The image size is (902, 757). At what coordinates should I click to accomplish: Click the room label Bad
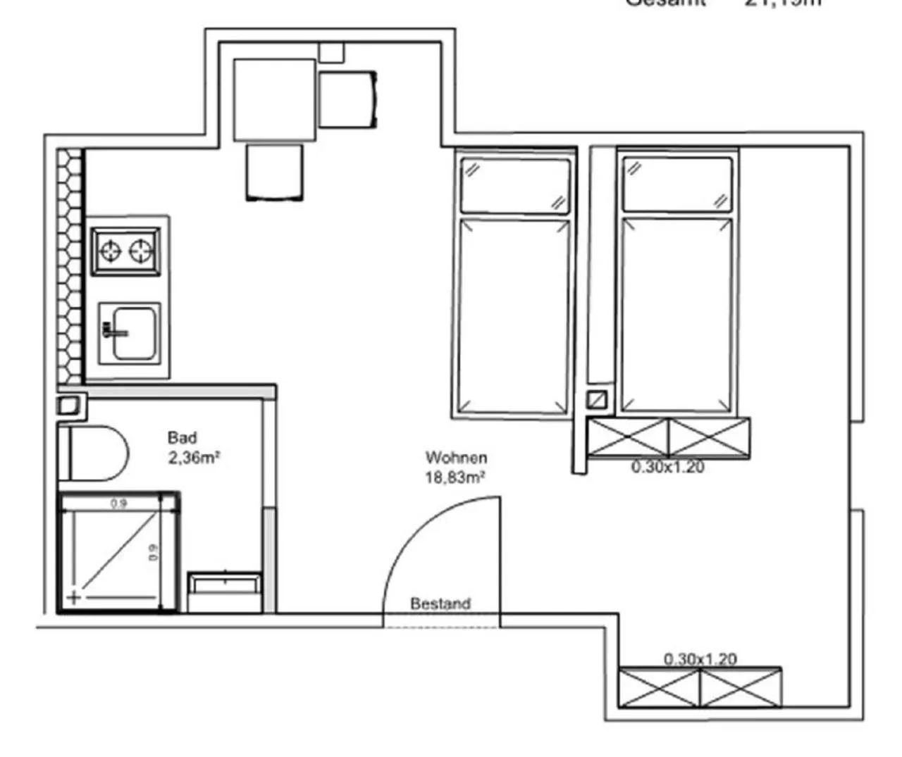(x=182, y=438)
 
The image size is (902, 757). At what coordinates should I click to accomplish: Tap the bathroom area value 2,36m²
(x=194, y=458)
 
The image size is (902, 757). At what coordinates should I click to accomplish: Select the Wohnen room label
(x=456, y=458)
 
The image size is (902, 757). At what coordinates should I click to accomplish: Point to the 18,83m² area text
(x=455, y=477)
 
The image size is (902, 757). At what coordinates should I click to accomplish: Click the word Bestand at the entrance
(x=440, y=603)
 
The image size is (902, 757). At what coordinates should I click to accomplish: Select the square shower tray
(x=118, y=552)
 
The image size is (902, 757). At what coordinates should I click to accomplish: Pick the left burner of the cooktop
(x=111, y=251)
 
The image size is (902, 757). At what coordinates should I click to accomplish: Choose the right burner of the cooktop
(x=143, y=251)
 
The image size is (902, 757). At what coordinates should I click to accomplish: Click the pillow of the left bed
(x=514, y=185)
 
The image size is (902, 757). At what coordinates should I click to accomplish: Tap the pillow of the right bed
(x=677, y=185)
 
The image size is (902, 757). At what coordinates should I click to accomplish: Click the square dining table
(x=274, y=99)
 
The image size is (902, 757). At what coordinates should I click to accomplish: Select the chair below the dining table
(x=275, y=172)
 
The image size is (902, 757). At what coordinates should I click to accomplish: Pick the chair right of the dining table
(x=347, y=99)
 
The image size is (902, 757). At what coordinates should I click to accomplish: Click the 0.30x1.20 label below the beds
(x=667, y=467)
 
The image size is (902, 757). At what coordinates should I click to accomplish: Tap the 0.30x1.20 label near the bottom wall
(x=700, y=659)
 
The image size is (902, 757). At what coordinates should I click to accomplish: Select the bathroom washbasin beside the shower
(x=225, y=592)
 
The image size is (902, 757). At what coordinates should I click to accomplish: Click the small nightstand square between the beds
(x=597, y=400)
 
